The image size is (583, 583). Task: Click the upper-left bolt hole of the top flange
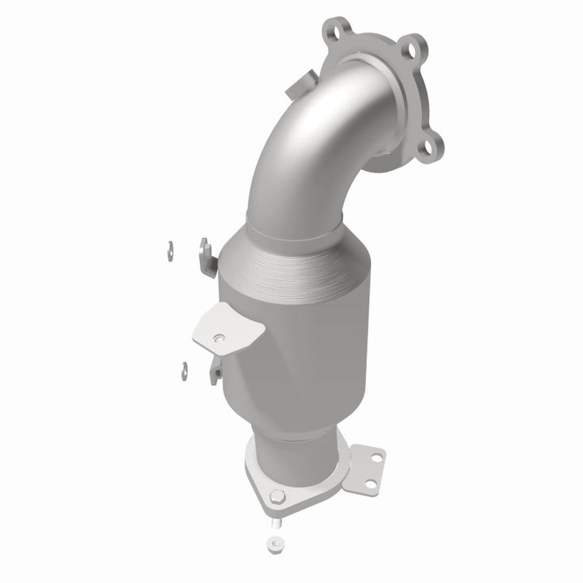330,30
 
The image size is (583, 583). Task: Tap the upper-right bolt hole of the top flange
413,45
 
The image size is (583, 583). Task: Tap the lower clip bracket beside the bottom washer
216,372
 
